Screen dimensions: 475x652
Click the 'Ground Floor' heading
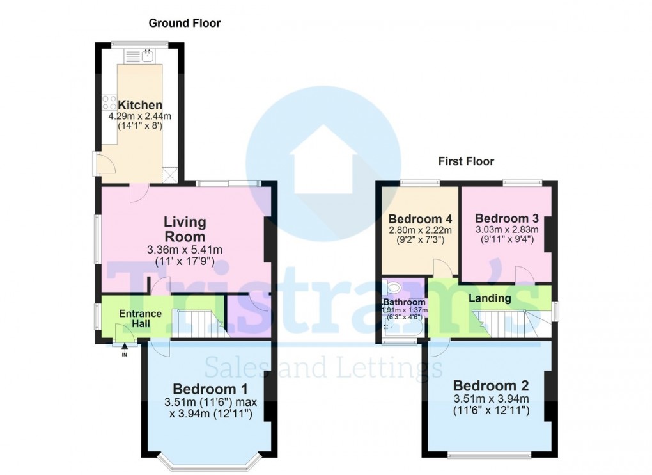[185, 23]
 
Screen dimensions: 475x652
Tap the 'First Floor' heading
[466, 161]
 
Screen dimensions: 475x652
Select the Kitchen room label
[140, 105]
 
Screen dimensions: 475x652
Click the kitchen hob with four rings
[108, 102]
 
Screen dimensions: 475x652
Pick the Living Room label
[185, 229]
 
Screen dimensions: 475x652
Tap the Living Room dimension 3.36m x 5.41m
[185, 250]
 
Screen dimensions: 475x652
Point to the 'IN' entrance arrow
[124, 349]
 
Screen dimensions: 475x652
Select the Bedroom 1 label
[210, 389]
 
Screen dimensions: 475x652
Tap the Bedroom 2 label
[491, 385]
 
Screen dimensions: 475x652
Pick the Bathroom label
[404, 302]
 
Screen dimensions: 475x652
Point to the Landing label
[490, 298]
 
